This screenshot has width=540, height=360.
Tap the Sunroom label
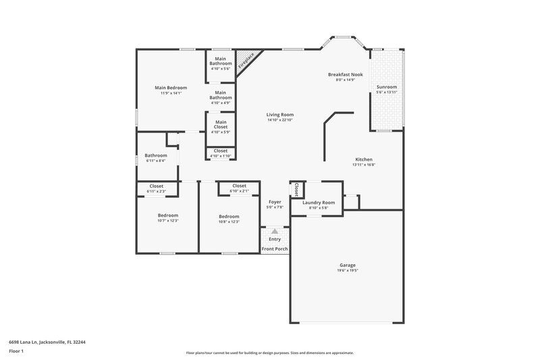pos(387,86)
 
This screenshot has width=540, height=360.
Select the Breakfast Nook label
pos(345,74)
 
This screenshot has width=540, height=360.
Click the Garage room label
pos(348,265)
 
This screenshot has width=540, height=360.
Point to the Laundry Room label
pos(318,203)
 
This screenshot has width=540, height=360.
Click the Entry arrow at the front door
pos(275,232)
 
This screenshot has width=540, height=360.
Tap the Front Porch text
pos(275,249)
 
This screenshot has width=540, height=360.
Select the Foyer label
pos(275,201)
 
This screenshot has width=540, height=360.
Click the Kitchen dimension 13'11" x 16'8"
pos(363,165)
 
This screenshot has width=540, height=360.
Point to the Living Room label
pos(280,115)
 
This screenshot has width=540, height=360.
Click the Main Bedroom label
pos(170,87)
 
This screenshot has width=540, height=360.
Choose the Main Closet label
pos(220,124)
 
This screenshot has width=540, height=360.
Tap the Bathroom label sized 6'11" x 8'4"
pos(155,155)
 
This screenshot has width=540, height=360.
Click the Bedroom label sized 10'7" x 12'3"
pos(167,215)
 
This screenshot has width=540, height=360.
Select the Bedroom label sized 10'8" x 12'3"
pos(229,215)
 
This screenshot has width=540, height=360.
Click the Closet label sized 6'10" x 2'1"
pos(239,186)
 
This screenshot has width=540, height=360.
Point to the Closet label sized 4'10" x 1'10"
pos(220,151)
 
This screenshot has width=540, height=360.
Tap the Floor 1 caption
pos(16,352)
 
